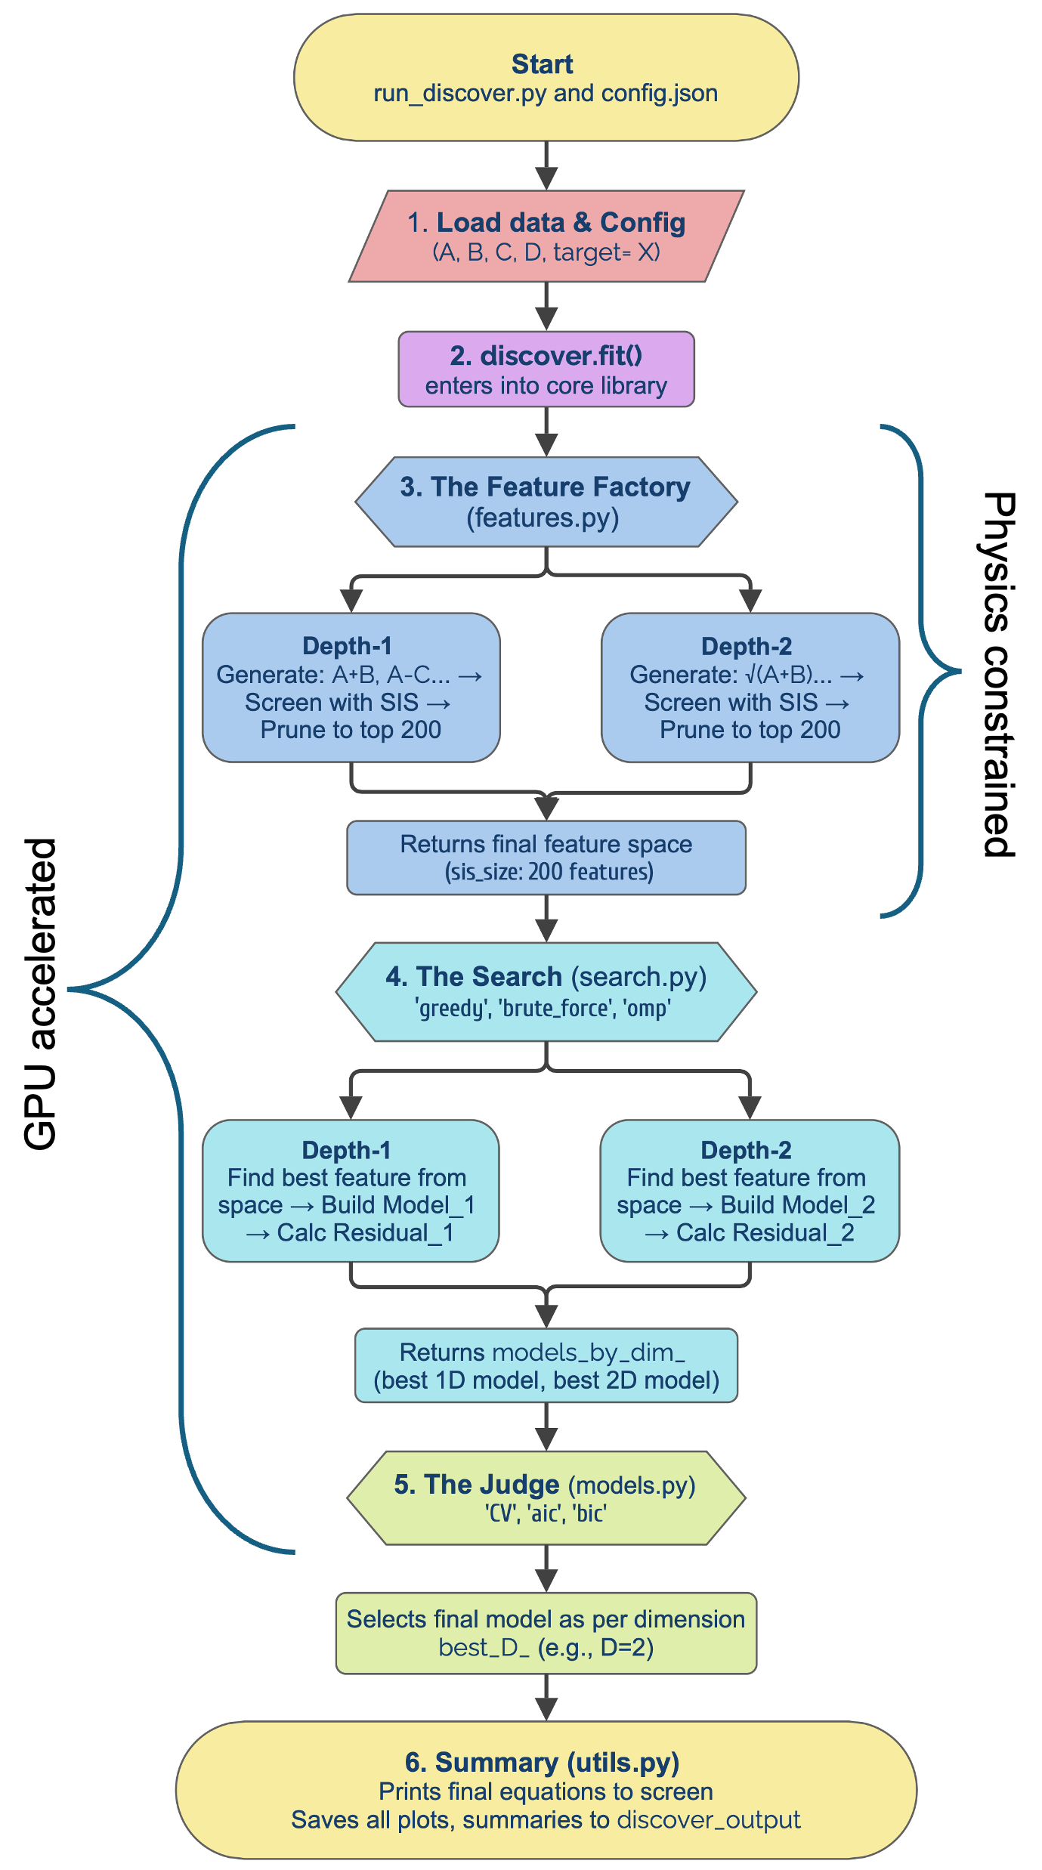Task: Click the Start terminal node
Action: [x=546, y=77]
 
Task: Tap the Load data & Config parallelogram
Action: [x=546, y=236]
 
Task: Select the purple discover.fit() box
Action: [x=546, y=369]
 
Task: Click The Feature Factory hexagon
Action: [x=546, y=502]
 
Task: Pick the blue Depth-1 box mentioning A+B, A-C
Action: [x=351, y=688]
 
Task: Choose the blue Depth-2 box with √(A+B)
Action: [x=750, y=688]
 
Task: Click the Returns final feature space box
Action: [x=546, y=858]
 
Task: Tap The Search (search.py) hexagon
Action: [x=546, y=991]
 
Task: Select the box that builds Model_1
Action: [x=351, y=1191]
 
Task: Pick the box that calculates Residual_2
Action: [x=750, y=1191]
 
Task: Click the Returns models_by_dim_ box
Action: [x=546, y=1365]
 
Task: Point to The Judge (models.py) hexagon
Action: [x=546, y=1498]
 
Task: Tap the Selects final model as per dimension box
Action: [x=546, y=1633]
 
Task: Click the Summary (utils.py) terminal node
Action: [x=546, y=1790]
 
